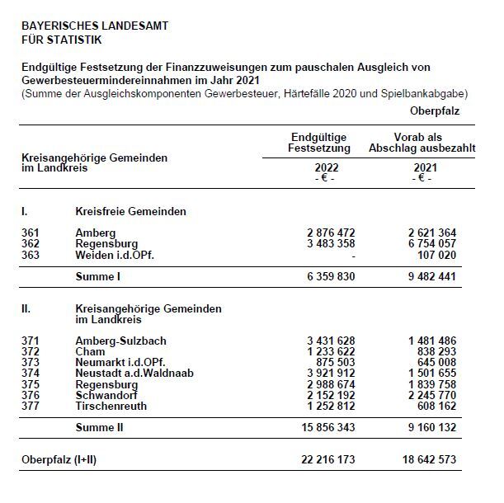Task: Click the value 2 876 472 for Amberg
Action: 328,233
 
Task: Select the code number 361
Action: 31,233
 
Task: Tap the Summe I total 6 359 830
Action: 328,276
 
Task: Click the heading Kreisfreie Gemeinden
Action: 130,212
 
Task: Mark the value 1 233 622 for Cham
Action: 328,351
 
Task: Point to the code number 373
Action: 31,362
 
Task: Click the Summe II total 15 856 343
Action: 325,427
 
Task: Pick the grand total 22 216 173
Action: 325,458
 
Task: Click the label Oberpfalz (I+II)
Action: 59,458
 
